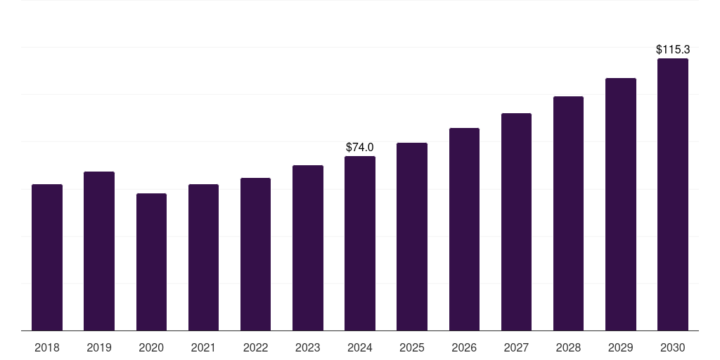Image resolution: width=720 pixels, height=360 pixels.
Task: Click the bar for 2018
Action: click(x=47, y=257)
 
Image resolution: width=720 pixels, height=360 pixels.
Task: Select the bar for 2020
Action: click(x=151, y=262)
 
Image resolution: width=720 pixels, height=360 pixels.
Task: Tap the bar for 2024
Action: click(x=360, y=243)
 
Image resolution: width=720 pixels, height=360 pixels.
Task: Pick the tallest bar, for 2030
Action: click(x=672, y=194)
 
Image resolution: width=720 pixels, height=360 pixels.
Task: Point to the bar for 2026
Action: click(x=464, y=229)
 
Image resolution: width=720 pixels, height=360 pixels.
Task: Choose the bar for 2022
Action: click(x=255, y=254)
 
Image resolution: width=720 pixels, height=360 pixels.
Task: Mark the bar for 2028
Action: click(x=568, y=213)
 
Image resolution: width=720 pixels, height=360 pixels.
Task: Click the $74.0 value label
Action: click(x=360, y=148)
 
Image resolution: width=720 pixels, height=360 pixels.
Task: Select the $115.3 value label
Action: click(x=672, y=50)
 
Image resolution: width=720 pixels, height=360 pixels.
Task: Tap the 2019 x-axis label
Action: click(x=99, y=347)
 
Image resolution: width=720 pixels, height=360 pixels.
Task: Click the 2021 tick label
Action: click(x=203, y=347)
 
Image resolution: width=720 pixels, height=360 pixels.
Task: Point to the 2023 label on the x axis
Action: click(x=307, y=347)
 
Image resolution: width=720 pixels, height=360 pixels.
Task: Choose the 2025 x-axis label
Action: click(x=412, y=347)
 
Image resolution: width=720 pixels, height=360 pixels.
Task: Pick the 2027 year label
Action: click(x=516, y=347)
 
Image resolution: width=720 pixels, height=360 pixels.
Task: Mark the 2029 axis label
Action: click(x=620, y=347)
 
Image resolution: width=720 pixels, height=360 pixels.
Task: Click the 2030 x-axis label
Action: click(x=672, y=347)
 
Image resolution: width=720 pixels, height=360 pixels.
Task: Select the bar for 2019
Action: click(x=99, y=251)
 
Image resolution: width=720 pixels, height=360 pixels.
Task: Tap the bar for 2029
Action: click(x=620, y=204)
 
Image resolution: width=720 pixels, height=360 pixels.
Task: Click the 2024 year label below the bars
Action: click(x=360, y=347)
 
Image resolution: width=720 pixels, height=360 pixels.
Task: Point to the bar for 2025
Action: click(x=412, y=236)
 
